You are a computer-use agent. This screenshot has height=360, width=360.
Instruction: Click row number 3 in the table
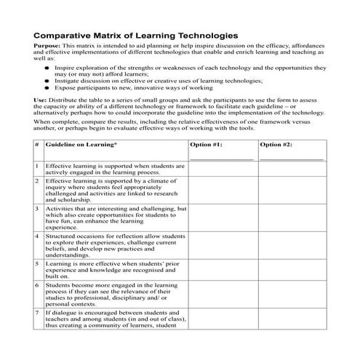click(36, 209)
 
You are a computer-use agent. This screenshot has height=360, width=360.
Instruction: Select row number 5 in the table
click(36, 263)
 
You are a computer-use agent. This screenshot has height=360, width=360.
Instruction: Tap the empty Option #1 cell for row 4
click(222, 245)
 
